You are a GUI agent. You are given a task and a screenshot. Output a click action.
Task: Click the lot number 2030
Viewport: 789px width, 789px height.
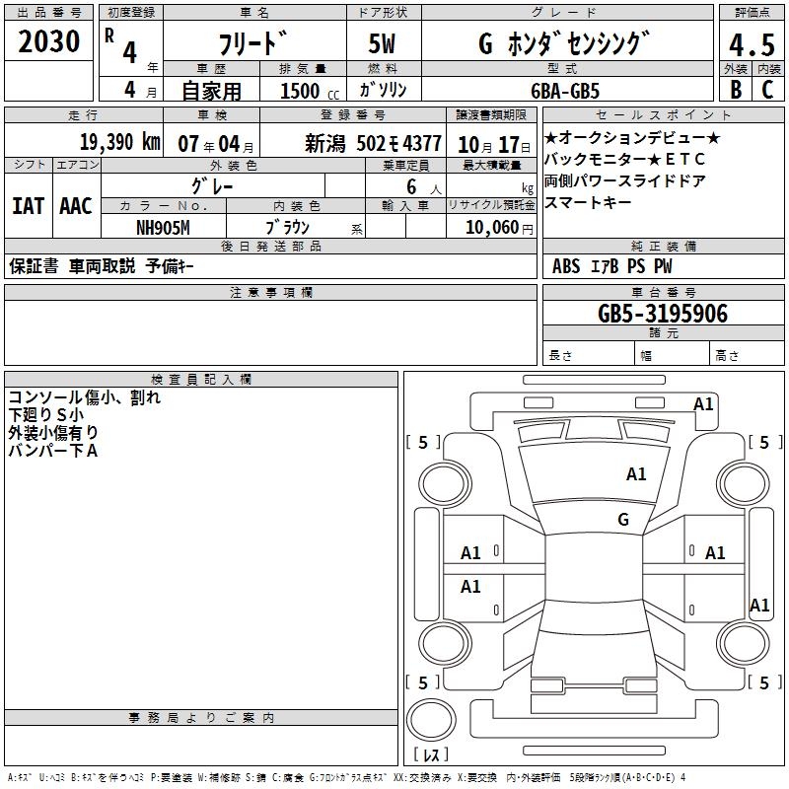[x=48, y=41]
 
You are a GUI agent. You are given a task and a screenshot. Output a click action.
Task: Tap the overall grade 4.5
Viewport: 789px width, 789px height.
[x=752, y=45]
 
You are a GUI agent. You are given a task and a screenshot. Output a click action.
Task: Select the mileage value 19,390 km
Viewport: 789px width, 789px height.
[x=120, y=142]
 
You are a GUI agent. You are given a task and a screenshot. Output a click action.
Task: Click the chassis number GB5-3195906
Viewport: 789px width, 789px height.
[x=663, y=314]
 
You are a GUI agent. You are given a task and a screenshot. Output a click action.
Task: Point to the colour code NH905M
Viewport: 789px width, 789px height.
[x=163, y=228]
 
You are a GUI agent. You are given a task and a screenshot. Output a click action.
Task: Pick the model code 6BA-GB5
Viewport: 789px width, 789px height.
[x=565, y=91]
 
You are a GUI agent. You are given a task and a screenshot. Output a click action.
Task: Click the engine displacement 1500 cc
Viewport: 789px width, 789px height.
[x=310, y=91]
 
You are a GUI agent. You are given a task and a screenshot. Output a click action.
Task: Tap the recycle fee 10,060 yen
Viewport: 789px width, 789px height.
[x=499, y=228]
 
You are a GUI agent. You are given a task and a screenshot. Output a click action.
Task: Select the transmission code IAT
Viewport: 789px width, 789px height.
[x=28, y=206]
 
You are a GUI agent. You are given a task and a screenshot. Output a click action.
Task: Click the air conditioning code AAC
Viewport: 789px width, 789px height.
[x=76, y=206]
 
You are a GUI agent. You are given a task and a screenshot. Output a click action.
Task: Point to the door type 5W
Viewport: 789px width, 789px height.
[x=382, y=43]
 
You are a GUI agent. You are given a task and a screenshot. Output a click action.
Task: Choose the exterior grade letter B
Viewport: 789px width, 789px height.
[x=736, y=90]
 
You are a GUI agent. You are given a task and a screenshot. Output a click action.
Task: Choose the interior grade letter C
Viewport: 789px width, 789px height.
[x=768, y=90]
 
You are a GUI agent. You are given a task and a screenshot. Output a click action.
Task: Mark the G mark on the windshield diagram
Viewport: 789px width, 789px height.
[x=623, y=519]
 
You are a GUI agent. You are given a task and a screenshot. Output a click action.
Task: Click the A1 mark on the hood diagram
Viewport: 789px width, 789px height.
[x=636, y=474]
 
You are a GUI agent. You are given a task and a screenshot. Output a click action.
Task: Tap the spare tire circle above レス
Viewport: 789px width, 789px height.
[x=431, y=720]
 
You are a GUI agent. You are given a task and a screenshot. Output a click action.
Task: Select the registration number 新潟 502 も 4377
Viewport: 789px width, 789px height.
[x=374, y=144]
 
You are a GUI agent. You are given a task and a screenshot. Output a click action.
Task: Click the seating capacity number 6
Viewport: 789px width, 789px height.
[x=411, y=186]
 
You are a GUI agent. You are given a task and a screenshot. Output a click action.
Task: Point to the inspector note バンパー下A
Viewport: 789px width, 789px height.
[x=53, y=451]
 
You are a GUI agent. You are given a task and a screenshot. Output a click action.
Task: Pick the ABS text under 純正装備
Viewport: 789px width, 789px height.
[x=565, y=265]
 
